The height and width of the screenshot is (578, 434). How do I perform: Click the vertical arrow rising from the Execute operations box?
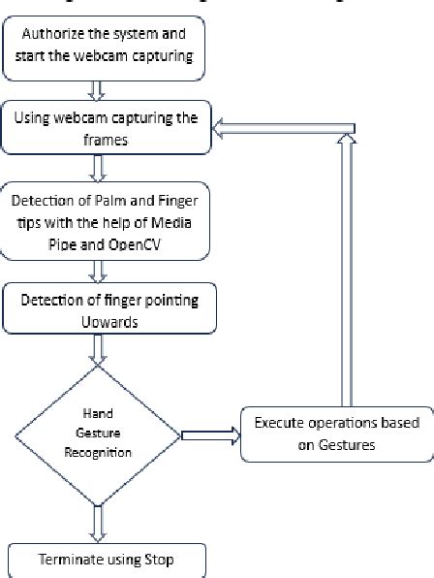(x=348, y=262)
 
